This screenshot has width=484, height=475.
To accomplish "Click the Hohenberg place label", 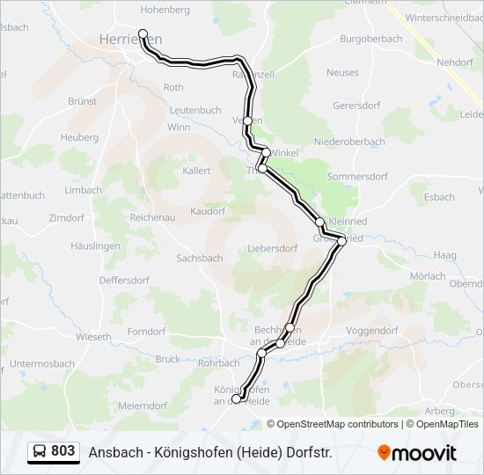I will (165, 10).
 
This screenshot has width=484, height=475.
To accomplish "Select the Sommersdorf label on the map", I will (356, 176).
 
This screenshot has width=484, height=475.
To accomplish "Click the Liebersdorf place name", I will (273, 248).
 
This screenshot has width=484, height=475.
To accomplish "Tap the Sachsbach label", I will (200, 259).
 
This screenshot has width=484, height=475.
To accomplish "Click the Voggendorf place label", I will (373, 330).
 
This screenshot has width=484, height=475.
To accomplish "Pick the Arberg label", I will (440, 411).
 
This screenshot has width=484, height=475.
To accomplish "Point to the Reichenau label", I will (154, 216).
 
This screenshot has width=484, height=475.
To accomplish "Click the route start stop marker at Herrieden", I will (143, 34).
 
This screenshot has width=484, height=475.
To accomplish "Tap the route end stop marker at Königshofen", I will (235, 399).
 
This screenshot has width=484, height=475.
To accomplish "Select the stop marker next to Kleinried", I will (320, 222).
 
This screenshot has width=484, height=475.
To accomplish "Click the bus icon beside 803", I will (40, 451).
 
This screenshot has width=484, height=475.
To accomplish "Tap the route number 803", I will (62, 451).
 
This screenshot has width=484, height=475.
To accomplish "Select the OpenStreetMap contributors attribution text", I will (337, 424).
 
